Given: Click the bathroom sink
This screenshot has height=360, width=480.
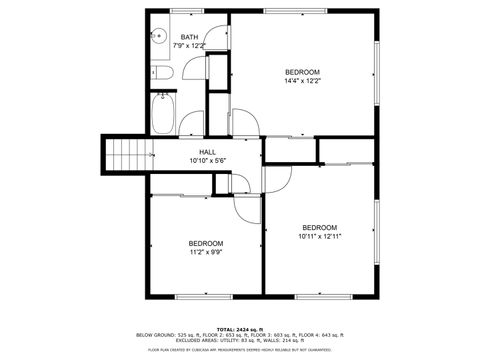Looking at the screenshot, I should click(x=157, y=36).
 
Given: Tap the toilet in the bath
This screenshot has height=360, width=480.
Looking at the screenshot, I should click(x=163, y=74).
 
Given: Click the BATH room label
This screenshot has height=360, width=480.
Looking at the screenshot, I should click(x=189, y=37).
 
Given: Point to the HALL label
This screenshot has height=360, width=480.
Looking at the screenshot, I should click(x=207, y=151).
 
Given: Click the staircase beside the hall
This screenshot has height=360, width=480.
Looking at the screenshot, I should click(x=127, y=155).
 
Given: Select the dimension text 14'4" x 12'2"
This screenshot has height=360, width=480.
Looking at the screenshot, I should click(x=302, y=81).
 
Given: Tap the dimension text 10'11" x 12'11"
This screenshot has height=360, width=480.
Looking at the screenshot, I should click(x=319, y=236).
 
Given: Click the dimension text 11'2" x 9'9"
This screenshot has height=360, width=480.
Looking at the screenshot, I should click(x=206, y=253).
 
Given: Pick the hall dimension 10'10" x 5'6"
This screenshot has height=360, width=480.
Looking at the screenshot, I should click(x=208, y=160).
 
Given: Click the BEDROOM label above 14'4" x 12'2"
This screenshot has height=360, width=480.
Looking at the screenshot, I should click(x=302, y=72).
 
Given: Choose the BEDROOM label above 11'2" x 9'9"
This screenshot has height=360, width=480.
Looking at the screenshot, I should click(x=206, y=243).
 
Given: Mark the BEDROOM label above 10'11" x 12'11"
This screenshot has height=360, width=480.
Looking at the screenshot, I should click(x=319, y=226).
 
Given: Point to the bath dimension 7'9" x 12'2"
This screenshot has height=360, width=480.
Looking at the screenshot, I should click(x=189, y=46).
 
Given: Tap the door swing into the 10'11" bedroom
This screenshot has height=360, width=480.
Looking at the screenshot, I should click(x=277, y=178).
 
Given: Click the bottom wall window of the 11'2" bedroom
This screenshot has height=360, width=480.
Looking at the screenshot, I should click(x=206, y=296).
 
